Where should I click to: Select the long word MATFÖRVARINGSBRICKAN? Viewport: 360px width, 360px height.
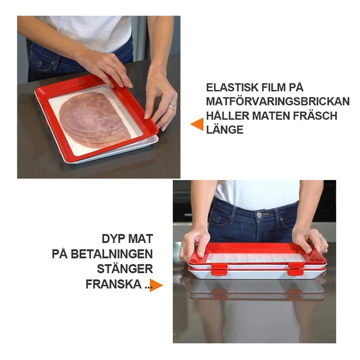pyautogui.click(x=278, y=102)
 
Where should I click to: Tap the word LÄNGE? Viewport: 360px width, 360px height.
pyautogui.click(x=225, y=130)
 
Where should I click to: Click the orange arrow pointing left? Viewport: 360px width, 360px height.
pyautogui.click(x=197, y=123)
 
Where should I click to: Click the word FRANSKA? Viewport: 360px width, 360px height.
pyautogui.click(x=111, y=283)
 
